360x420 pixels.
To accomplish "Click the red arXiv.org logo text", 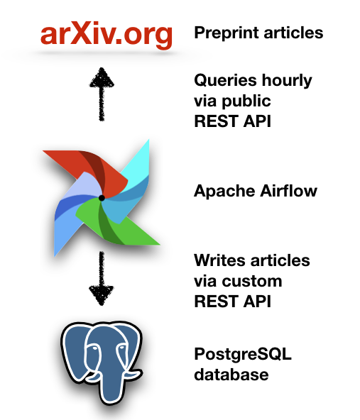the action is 107,35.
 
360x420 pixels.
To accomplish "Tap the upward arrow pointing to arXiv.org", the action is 102,94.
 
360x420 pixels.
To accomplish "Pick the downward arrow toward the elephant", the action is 102,279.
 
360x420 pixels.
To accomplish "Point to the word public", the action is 246,101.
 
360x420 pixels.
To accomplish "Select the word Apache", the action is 224,192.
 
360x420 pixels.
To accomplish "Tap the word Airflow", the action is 289,191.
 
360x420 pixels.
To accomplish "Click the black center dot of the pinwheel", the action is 102,198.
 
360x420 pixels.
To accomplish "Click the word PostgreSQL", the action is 243,355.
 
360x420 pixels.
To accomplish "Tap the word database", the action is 231,374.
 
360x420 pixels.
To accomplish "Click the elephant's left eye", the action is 94,348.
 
